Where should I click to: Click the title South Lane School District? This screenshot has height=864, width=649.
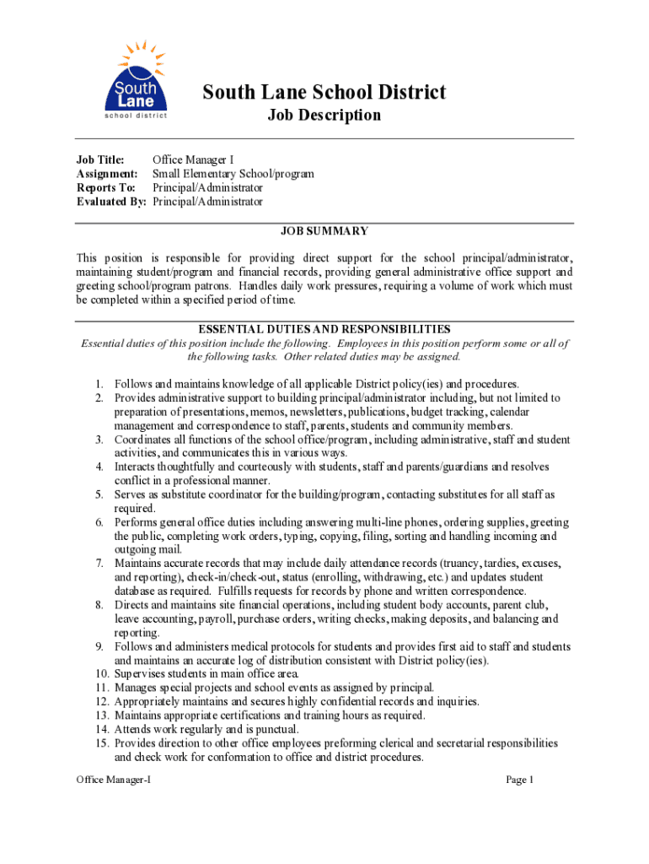pyautogui.click(x=324, y=92)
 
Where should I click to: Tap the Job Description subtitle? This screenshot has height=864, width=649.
pyautogui.click(x=324, y=116)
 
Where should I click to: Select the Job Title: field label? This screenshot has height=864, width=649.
pyautogui.click(x=101, y=160)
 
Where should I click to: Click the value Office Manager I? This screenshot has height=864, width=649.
pyautogui.click(x=193, y=160)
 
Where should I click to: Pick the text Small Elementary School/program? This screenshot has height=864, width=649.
pyautogui.click(x=233, y=174)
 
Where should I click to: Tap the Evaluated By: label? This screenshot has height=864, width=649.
pyautogui.click(x=111, y=202)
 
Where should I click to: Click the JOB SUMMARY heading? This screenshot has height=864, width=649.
pyautogui.click(x=324, y=231)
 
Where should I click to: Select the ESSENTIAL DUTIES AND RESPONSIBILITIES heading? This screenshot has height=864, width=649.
pyautogui.click(x=324, y=329)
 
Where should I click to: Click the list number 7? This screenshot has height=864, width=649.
pyautogui.click(x=99, y=563)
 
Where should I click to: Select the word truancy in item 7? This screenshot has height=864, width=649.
pyautogui.click(x=460, y=563)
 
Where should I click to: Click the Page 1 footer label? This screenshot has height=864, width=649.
pyautogui.click(x=520, y=780)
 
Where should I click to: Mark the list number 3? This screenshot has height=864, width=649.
pyautogui.click(x=99, y=440)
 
